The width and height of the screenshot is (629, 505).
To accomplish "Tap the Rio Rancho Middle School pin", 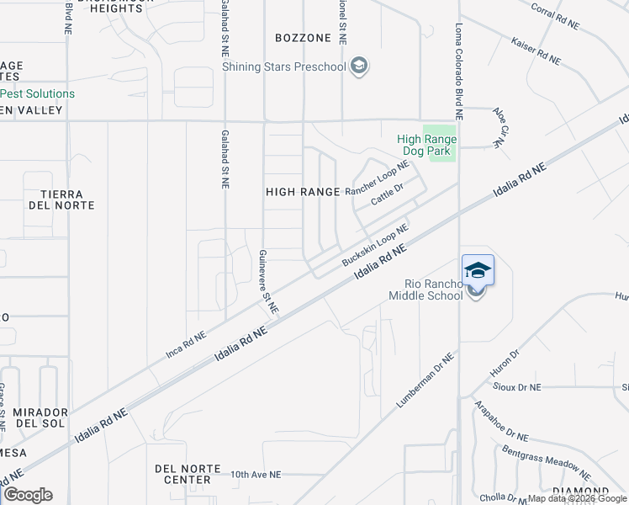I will coord(477,271).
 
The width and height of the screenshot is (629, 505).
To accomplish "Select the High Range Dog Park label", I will coord(426,145).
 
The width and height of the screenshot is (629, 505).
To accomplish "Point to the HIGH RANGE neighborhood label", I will coord(303,192).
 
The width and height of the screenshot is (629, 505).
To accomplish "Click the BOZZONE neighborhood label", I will coord(303,38).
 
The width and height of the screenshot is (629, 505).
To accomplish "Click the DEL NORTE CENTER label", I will coord(188,474).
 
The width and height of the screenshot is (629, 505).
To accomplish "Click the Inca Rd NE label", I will coord(186,346).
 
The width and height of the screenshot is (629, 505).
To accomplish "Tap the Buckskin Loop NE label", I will coord(375,245).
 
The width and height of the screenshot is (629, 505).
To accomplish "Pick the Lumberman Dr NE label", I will coord(425,381).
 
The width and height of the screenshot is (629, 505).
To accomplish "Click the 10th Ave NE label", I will coord(256,475).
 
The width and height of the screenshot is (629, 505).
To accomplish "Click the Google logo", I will coord(28,495).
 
